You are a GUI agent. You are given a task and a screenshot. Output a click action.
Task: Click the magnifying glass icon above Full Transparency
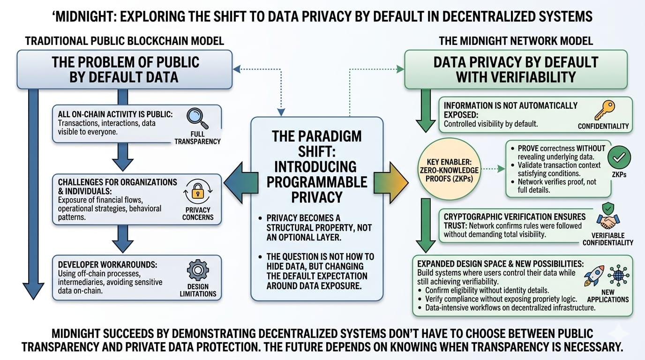tap(197, 118)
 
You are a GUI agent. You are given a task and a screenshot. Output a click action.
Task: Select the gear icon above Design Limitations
tap(197, 271)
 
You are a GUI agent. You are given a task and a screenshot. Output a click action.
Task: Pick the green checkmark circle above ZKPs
tap(619, 158)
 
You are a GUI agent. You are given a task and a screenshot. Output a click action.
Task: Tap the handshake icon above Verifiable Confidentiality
tap(608, 219)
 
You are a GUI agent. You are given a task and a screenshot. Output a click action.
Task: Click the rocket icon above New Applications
tap(593, 276)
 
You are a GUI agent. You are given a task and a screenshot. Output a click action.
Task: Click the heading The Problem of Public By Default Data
tap(125, 69)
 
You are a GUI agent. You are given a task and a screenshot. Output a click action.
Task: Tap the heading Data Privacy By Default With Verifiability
tap(516, 69)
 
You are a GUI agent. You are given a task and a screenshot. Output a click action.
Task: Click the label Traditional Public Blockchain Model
tap(124, 41)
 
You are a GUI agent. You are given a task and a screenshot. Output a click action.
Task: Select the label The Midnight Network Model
tap(516, 41)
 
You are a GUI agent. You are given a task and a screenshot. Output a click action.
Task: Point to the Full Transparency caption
tap(197, 138)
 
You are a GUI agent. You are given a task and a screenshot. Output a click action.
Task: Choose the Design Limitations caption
tap(198, 290)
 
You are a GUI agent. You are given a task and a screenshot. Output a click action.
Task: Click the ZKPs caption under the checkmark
tap(619, 175)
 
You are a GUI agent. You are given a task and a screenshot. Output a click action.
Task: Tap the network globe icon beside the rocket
tap(618, 275)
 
